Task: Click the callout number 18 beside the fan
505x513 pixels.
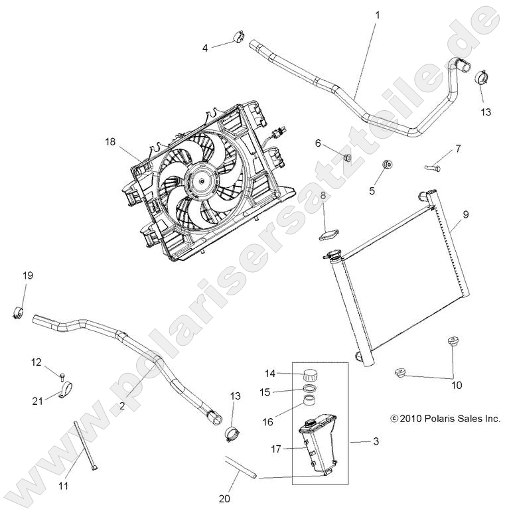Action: tap(110, 141)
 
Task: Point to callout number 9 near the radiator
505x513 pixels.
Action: tap(465, 214)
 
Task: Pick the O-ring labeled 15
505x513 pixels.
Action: tap(310, 390)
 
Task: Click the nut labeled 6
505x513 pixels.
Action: tap(346, 157)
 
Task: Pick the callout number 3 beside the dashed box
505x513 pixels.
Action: tap(376, 440)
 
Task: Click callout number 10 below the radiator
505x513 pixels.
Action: tap(457, 384)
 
